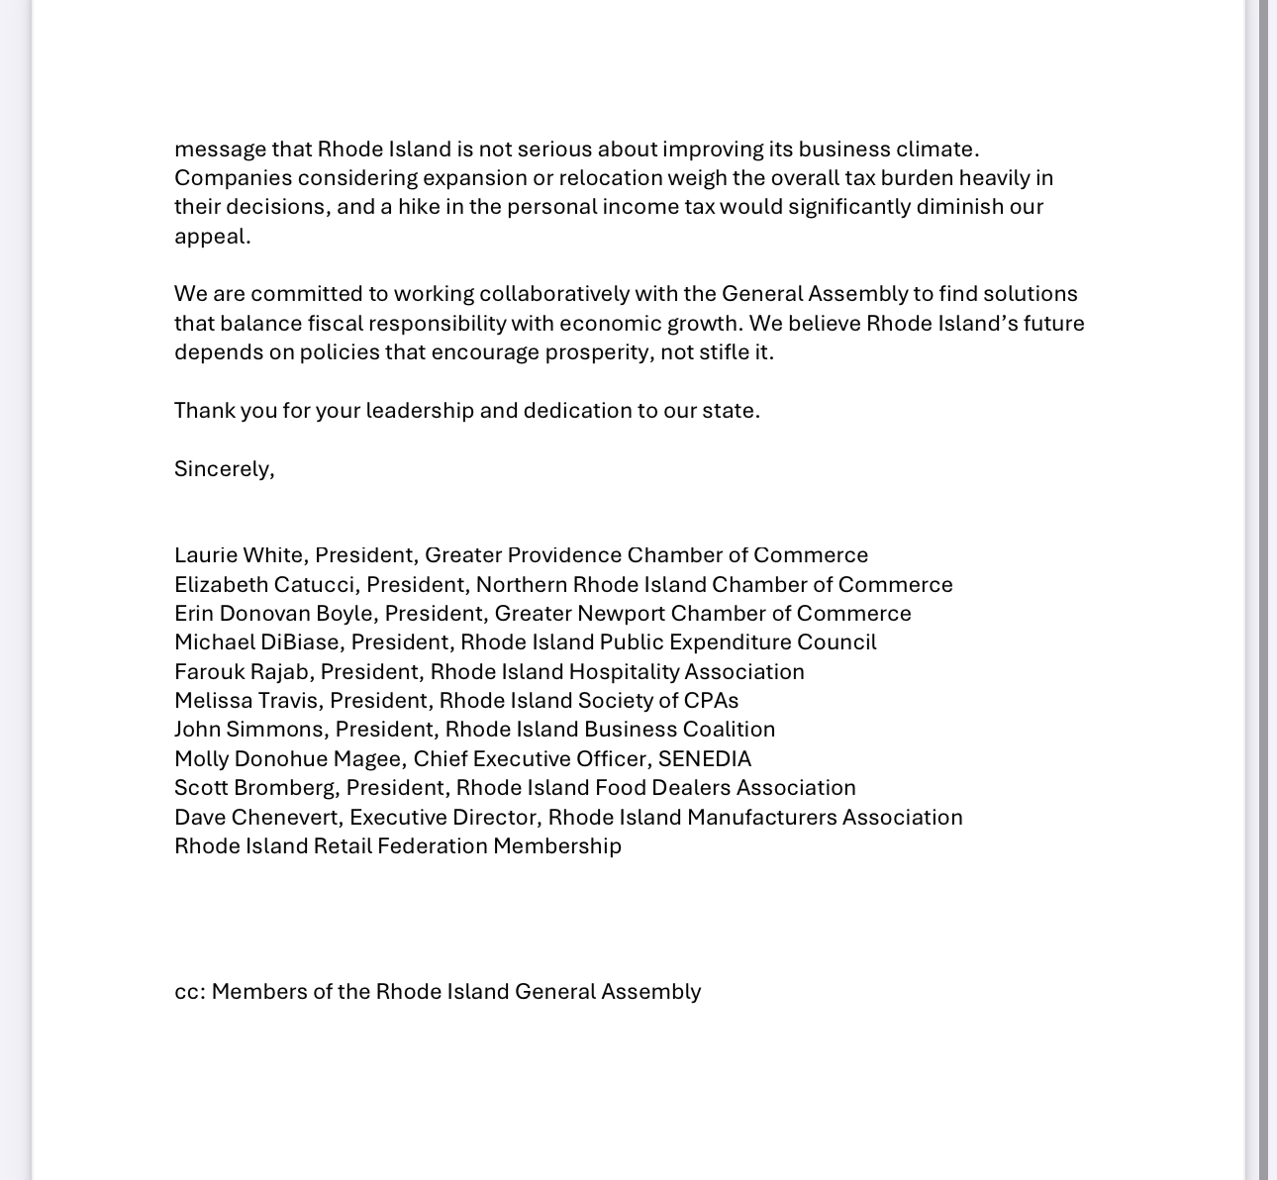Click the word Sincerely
click(x=223, y=468)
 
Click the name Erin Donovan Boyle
click(x=273, y=614)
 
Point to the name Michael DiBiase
click(x=256, y=642)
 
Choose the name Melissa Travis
click(x=246, y=701)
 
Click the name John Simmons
click(x=248, y=730)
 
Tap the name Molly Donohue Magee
click(x=287, y=759)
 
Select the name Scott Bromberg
click(x=254, y=788)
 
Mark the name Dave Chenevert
click(x=257, y=818)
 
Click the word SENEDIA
click(x=705, y=759)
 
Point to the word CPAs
click(x=711, y=701)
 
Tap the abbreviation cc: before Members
click(x=190, y=992)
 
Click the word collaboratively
click(x=554, y=294)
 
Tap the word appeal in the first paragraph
click(x=211, y=237)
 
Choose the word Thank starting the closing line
click(x=204, y=410)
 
